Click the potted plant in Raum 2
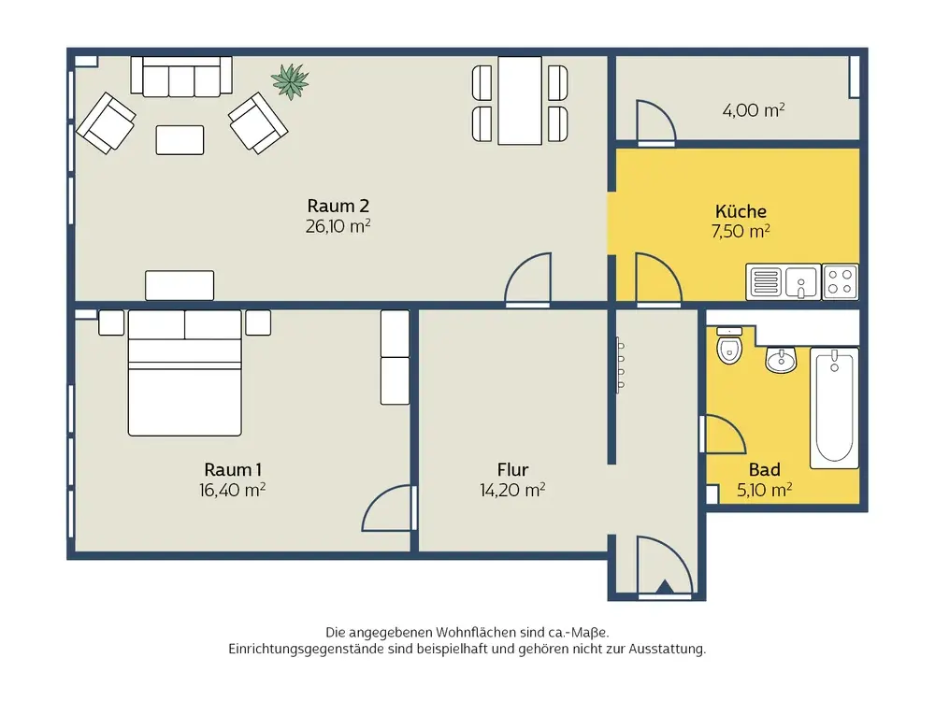pyautogui.click(x=290, y=81)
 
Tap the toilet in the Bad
pyautogui.click(x=728, y=346)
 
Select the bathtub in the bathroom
pyautogui.click(x=834, y=408)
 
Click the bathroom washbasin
pyautogui.click(x=781, y=360)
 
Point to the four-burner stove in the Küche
pyautogui.click(x=841, y=282)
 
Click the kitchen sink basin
pyautogui.click(x=801, y=282)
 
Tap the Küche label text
pyautogui.click(x=741, y=211)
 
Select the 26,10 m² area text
pyautogui.click(x=338, y=226)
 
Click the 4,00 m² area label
pyautogui.click(x=753, y=110)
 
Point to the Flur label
pyautogui.click(x=512, y=470)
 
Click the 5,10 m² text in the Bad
pyautogui.click(x=765, y=490)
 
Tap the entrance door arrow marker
pyautogui.click(x=665, y=587)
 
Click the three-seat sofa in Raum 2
pyautogui.click(x=181, y=77)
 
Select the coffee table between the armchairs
pyautogui.click(x=180, y=140)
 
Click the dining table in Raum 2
pyautogui.click(x=520, y=101)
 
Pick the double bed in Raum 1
pyautogui.click(x=185, y=373)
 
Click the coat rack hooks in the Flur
pyautogui.click(x=620, y=365)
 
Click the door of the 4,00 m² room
pyautogui.click(x=656, y=122)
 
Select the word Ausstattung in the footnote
pyautogui.click(x=667, y=649)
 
